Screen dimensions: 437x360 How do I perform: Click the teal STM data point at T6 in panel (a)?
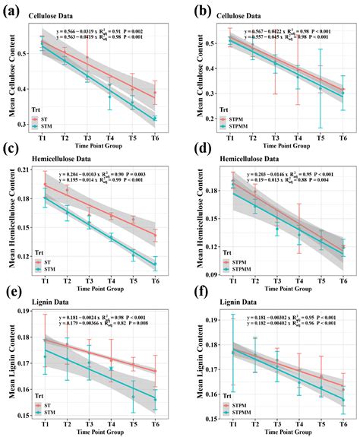coord(155,119)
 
